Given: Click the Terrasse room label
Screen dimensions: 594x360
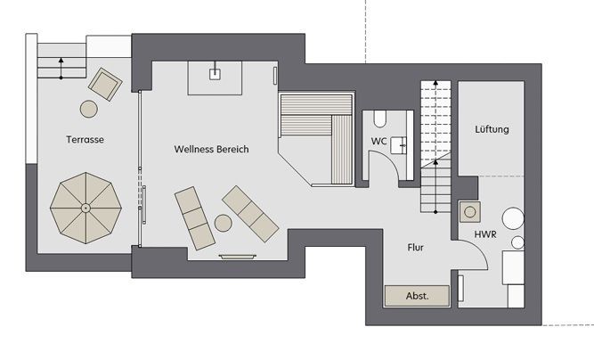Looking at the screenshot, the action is [85, 139].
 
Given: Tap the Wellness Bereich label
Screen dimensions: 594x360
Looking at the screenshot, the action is [211, 149].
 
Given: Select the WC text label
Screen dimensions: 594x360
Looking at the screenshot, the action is [378, 142].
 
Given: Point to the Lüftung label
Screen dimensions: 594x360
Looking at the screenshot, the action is [492, 129].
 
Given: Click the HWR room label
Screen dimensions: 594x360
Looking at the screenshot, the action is [485, 234].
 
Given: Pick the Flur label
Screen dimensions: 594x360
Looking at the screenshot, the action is [416, 248].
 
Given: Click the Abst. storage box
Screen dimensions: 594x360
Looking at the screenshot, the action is [417, 296].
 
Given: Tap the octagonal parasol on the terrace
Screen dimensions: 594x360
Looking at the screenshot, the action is [85, 208].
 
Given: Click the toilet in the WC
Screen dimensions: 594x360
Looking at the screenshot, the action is [379, 119].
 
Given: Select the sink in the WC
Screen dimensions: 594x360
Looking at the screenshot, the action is [399, 145].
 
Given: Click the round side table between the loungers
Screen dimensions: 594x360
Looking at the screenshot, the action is [224, 223].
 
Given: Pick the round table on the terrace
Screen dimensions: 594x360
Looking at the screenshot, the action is [89, 109].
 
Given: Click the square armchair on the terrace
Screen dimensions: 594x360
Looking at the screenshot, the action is [105, 85].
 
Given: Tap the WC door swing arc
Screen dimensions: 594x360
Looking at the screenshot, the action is [390, 160].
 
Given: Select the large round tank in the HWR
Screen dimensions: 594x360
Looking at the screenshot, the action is [513, 218].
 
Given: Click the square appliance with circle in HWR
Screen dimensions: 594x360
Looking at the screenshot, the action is [470, 212].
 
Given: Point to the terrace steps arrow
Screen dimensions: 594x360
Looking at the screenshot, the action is [61, 68].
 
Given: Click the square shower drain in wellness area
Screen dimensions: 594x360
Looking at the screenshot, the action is [215, 74].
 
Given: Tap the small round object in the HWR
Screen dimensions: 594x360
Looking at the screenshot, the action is [517, 242].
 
